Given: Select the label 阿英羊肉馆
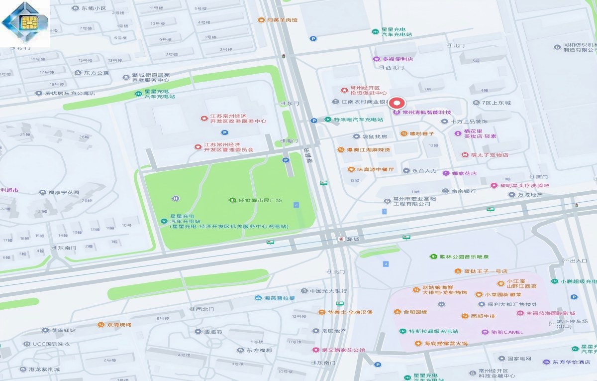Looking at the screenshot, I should coord(282,20).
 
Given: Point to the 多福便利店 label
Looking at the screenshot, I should coord(398,59).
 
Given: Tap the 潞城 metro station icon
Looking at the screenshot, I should coord(341,239).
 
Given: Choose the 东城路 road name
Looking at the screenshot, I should coord(307,155).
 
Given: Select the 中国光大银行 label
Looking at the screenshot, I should coord(328,290).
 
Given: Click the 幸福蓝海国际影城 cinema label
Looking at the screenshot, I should coord(550,313).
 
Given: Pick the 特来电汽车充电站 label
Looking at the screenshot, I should coord(358,120).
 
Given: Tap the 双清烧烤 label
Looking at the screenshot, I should coord(119,325).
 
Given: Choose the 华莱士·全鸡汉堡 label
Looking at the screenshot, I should coord(350,312).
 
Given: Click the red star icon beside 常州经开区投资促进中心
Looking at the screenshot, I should coord(344,90).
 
